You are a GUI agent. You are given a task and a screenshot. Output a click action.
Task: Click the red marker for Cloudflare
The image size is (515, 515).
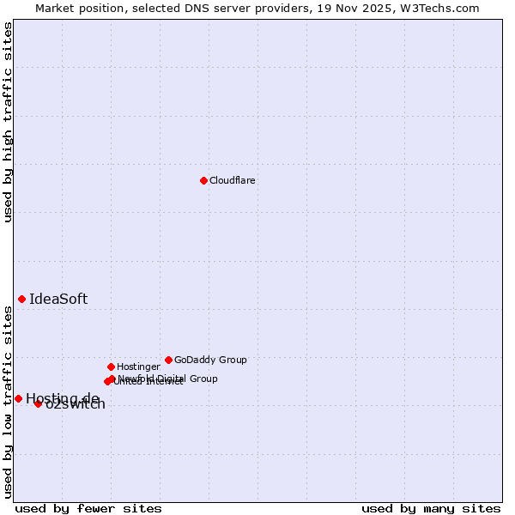click(203, 180)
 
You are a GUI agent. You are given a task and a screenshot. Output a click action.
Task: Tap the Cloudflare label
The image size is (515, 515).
click(232, 180)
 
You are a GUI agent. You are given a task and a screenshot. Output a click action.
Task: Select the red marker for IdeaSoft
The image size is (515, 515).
click(21, 299)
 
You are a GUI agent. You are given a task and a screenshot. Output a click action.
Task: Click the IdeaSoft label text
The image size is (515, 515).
click(58, 299)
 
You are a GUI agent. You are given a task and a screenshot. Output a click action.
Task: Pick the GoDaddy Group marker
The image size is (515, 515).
click(168, 360)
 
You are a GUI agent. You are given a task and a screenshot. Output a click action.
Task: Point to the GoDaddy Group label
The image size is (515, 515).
click(210, 360)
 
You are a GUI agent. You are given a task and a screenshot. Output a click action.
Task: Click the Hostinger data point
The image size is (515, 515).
click(111, 367)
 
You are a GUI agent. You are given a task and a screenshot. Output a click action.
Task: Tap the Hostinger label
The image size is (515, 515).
click(138, 367)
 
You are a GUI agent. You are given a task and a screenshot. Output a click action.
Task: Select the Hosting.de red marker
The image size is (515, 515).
click(18, 398)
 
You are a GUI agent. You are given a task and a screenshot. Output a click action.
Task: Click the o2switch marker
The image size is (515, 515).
click(38, 403)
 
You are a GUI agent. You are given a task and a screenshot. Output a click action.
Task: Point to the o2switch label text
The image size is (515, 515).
click(76, 405)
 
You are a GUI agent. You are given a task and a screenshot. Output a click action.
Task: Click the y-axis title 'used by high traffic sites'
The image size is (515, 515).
click(9, 122)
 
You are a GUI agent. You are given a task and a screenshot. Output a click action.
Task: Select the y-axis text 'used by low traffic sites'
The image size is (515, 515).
click(9, 402)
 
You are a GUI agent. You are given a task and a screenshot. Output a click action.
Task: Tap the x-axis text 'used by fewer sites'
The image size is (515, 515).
click(88, 508)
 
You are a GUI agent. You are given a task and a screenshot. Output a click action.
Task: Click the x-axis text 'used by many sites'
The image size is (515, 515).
click(431, 508)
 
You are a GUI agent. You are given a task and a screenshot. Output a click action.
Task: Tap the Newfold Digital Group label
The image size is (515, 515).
click(167, 379)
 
